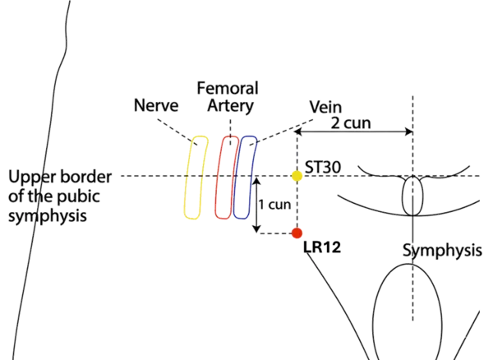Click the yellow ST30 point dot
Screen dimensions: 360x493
click(297, 176)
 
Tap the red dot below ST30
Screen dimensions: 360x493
click(297, 234)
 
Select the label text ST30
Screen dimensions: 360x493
click(323, 168)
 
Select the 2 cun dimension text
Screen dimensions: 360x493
click(352, 123)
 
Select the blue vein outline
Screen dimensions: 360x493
click(245, 178)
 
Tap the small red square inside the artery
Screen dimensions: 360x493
click(221, 202)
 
